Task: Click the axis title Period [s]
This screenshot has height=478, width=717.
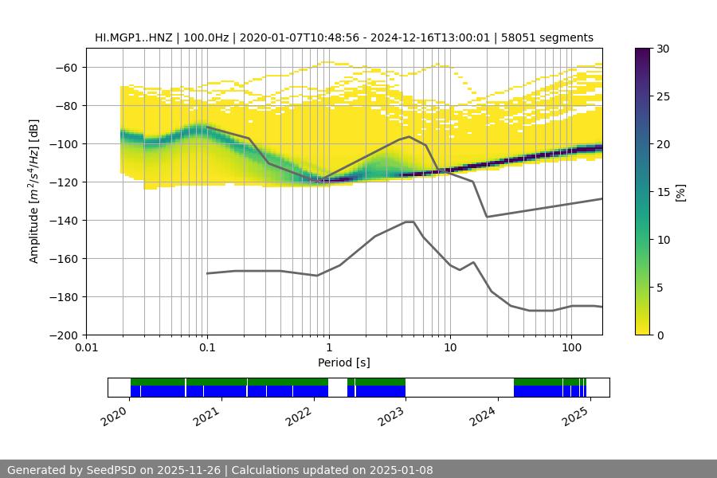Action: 344,362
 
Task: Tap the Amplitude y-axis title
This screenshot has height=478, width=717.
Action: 34,191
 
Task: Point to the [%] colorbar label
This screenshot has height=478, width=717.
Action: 680,192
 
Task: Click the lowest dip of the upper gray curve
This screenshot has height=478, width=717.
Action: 487,217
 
